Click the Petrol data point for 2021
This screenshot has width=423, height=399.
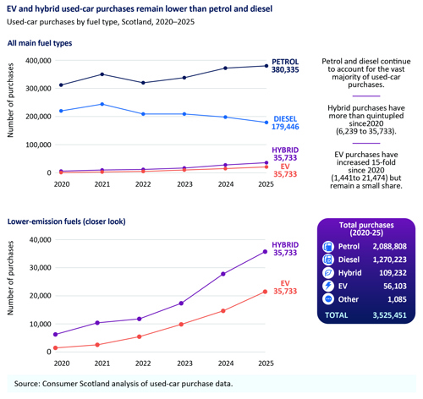(x=102, y=74)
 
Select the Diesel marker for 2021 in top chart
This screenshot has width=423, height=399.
(x=102, y=104)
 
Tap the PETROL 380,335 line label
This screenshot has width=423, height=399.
(x=285, y=66)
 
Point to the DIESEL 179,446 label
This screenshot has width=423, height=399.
(x=285, y=123)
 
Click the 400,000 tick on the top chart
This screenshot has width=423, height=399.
(x=38, y=61)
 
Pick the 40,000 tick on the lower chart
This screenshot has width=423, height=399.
(x=41, y=240)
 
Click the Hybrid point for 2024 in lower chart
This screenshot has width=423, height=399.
(x=223, y=274)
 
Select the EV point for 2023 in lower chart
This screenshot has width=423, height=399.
(x=181, y=325)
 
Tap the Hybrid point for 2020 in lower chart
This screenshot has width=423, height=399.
(x=56, y=335)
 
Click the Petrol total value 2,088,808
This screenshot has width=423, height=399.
(x=389, y=247)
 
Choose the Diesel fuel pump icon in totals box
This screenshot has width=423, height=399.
(x=328, y=260)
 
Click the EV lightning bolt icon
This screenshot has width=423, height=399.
(x=328, y=286)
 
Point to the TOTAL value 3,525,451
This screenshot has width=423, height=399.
(x=389, y=315)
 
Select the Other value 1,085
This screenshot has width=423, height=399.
(x=397, y=299)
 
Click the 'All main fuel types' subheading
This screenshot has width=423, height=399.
(x=40, y=43)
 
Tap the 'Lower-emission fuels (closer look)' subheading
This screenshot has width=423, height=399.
(x=67, y=221)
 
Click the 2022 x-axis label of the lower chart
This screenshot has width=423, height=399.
(x=143, y=363)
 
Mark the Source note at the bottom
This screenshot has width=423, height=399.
(x=124, y=384)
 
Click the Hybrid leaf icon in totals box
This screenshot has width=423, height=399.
(x=328, y=273)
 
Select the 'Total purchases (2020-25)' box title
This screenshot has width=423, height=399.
(x=366, y=229)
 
